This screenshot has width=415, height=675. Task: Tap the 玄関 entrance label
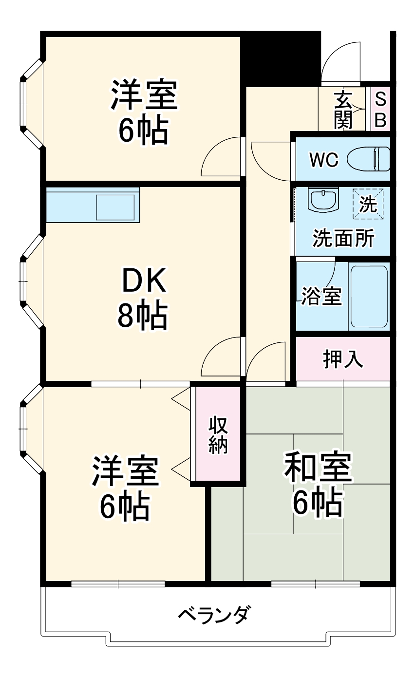pos(343,110)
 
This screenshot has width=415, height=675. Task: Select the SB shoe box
pos(380,109)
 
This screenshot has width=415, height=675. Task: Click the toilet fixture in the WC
pos(368,159)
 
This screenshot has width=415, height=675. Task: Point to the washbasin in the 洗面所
pos(323,200)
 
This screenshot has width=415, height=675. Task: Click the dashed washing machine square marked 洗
pos(368,204)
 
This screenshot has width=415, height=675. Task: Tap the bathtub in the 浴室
pos(369,297)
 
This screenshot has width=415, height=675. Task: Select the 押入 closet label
pos(343,359)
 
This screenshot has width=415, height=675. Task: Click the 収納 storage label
pos(218,435)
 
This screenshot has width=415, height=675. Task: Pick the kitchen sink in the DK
pos(115,207)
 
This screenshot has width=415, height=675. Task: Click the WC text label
pos(324,160)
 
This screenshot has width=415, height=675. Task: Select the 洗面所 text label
pos(343,238)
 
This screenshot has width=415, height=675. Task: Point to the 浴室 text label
pos(321,296)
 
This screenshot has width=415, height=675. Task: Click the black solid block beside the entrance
pos(281,59)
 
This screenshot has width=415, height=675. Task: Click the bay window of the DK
pos(32,281)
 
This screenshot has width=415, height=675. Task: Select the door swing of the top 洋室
pos(221,156)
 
